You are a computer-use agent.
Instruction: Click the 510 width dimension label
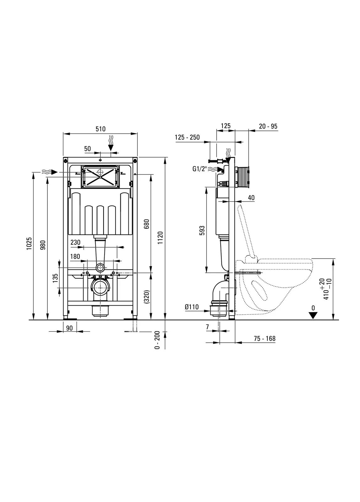[x=100, y=129]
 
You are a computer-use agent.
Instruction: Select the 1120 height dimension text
[x=160, y=238]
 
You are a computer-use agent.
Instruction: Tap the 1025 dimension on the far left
[x=29, y=243]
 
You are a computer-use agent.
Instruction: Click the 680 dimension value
[x=146, y=224]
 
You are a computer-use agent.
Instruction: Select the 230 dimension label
[x=75, y=242]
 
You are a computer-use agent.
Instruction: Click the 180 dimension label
[x=75, y=256]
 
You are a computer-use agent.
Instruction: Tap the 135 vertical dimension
[x=55, y=278]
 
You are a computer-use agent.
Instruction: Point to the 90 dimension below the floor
[x=69, y=328]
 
